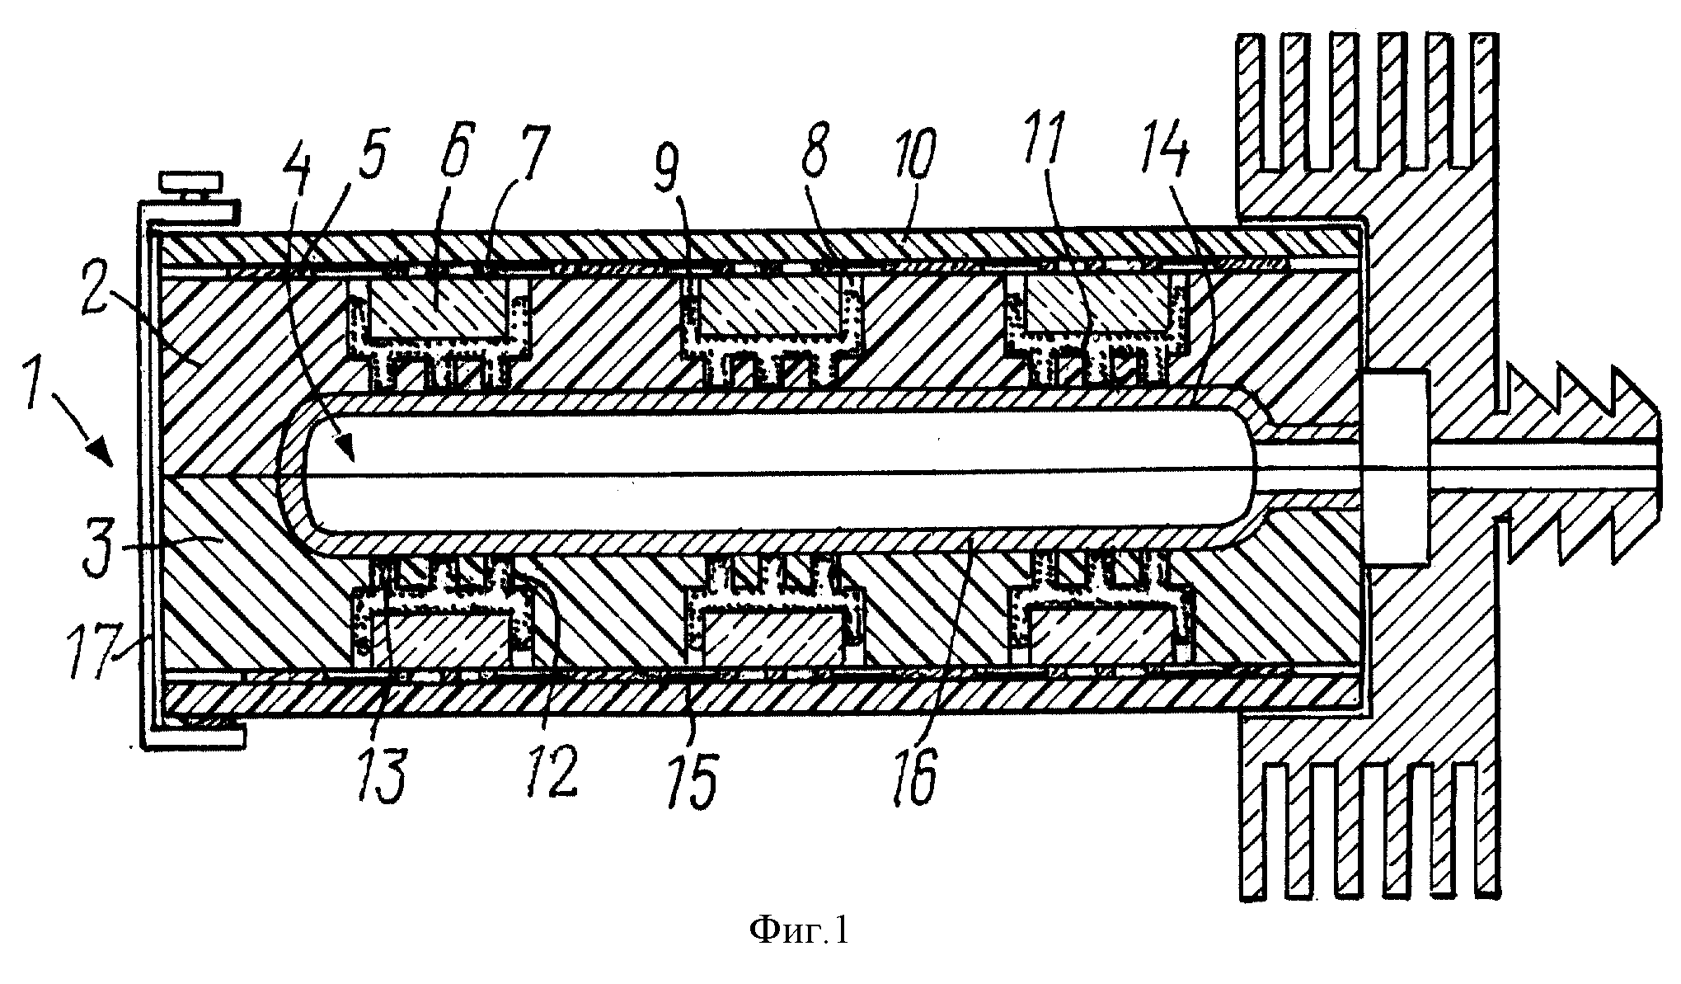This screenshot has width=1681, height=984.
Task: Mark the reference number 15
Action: [697, 775]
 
